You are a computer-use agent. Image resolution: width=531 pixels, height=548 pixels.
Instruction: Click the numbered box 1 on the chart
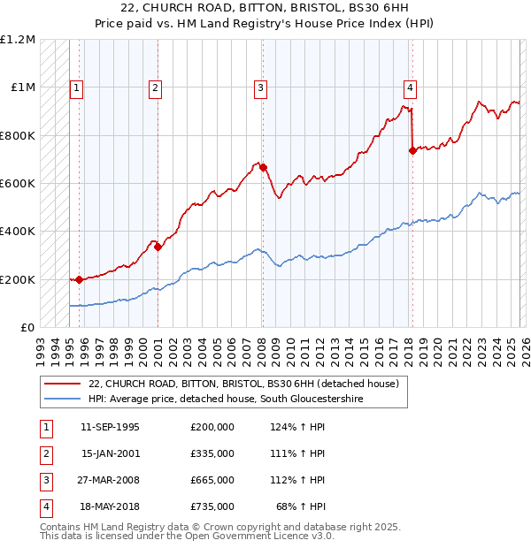[77, 88]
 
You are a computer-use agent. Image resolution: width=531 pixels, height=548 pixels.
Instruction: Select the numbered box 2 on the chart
[155, 88]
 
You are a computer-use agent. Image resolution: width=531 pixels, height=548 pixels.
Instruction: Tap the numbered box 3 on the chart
[261, 88]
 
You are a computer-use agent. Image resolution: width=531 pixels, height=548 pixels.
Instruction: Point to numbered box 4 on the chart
[411, 88]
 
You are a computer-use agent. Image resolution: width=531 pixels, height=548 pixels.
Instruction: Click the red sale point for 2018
[412, 151]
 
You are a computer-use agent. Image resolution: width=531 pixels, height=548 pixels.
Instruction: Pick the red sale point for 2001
[158, 247]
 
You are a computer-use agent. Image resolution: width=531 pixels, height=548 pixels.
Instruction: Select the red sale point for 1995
[80, 279]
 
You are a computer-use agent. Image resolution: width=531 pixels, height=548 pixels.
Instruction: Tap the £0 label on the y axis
[27, 328]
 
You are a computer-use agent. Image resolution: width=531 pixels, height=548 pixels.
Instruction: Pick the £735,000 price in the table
[212, 506]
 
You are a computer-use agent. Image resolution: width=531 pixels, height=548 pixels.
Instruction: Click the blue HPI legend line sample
[62, 400]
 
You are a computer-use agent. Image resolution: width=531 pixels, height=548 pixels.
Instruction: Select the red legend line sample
[62, 384]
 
